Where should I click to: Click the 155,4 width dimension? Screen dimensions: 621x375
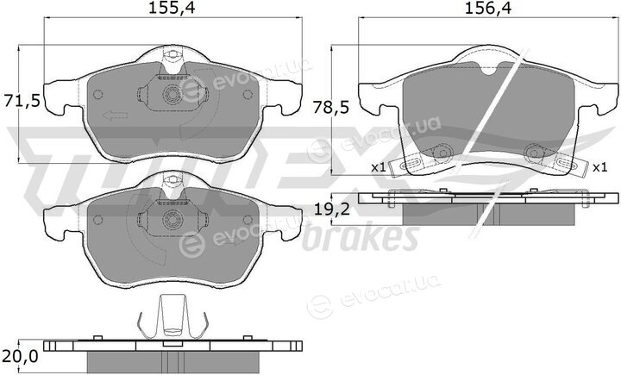[172, 9]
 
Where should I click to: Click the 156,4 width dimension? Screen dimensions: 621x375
[488, 9]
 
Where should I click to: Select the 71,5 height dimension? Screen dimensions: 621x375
[22, 102]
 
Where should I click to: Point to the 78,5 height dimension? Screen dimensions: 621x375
[330, 107]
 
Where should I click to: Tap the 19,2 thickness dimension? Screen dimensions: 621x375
[331, 209]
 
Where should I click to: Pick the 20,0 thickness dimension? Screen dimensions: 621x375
[20, 356]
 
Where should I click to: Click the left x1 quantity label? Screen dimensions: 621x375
[379, 167]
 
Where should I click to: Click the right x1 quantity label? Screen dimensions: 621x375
[600, 167]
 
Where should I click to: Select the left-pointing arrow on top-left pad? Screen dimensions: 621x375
[115, 116]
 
